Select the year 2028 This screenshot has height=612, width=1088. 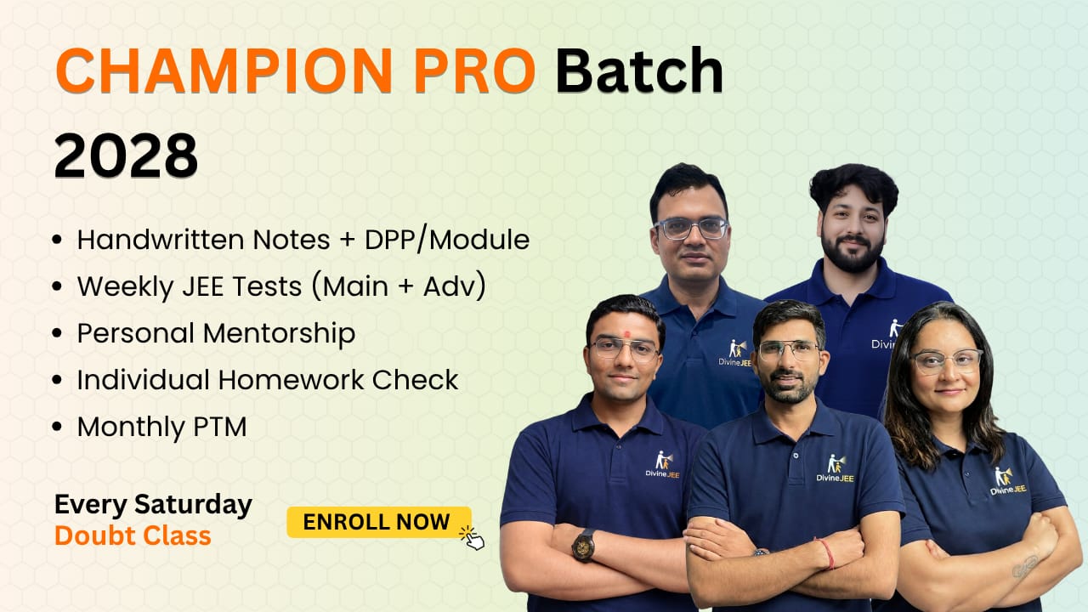click(x=126, y=156)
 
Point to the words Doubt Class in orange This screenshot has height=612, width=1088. click(x=133, y=535)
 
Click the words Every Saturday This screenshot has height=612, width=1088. click(x=153, y=505)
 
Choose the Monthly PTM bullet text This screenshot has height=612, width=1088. click(x=161, y=427)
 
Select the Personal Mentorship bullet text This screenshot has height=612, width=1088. click(x=216, y=333)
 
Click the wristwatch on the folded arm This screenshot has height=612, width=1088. click(x=583, y=544)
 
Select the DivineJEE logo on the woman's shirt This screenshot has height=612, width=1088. click(x=1007, y=480)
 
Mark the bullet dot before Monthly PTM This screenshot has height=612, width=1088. click(x=57, y=428)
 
